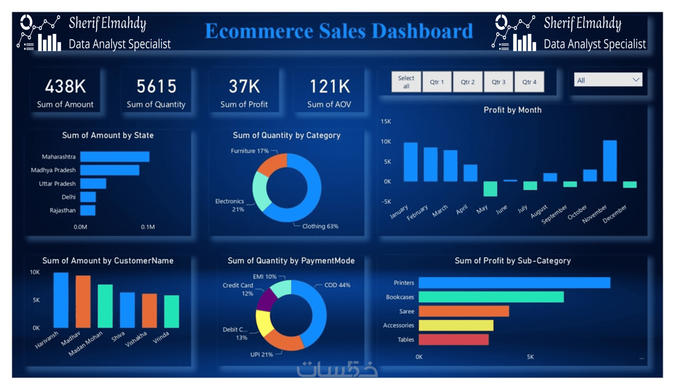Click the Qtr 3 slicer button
pos(498,82)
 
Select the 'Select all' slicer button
pos(406,82)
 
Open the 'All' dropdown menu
pos(608,80)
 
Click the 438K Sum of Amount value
pos(66,87)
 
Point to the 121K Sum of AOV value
pos(330,87)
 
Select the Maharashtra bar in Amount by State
pos(115,157)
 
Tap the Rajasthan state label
pos(62,210)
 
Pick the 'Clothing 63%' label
pos(320,226)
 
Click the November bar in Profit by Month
pos(609,161)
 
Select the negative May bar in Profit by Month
pos(490,189)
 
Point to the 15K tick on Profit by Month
pos(386,121)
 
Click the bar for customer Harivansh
pos(61,300)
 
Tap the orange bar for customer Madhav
pos(83,301)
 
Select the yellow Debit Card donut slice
pos(264,322)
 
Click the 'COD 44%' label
pos(337,285)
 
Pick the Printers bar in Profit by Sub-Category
pos(514,283)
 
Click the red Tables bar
pos(453,340)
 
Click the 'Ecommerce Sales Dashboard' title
pos(339,31)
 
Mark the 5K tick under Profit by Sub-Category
pos(530,357)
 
